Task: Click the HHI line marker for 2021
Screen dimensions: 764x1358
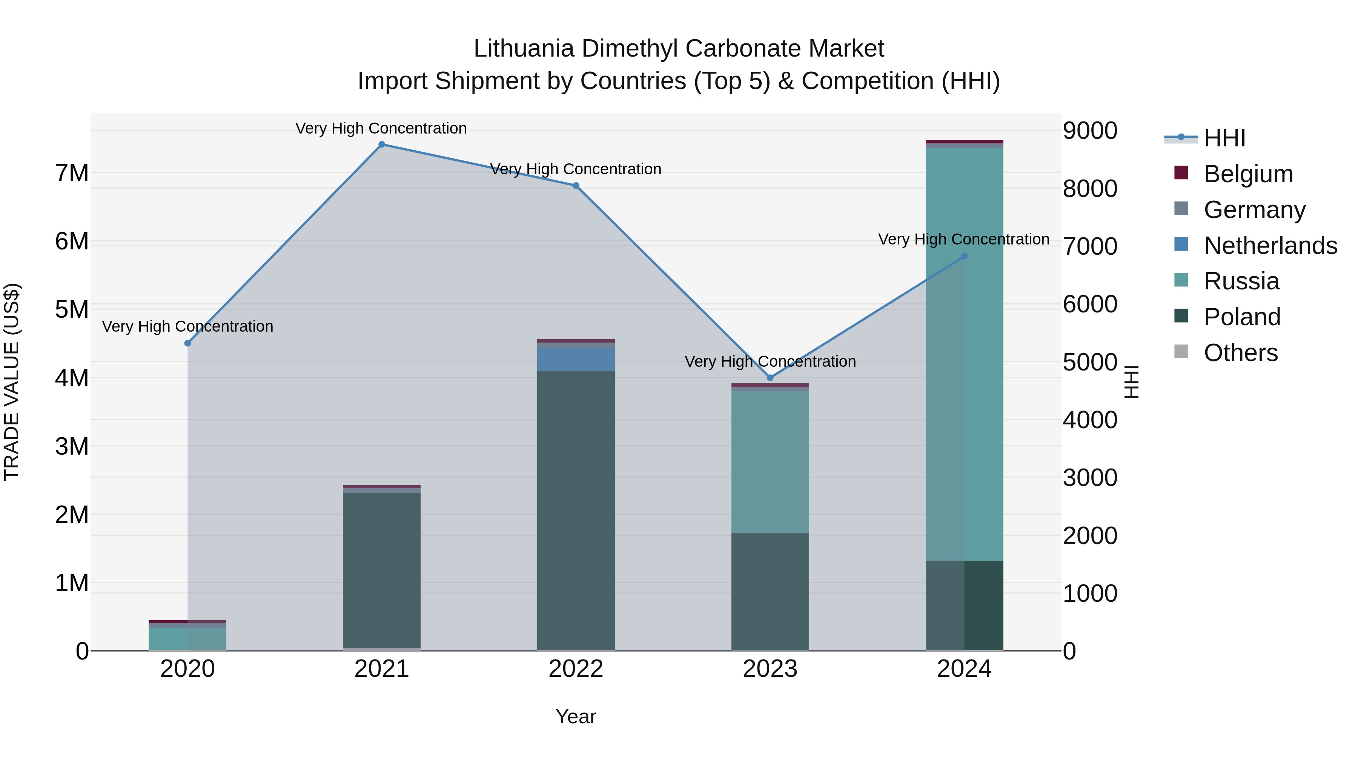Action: [x=382, y=144]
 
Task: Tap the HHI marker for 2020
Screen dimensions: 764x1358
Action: [x=188, y=343]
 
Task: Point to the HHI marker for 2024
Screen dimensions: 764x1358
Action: [x=964, y=256]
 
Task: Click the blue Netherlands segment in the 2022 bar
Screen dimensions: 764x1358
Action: [x=576, y=358]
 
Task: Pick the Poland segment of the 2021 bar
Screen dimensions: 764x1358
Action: [x=382, y=569]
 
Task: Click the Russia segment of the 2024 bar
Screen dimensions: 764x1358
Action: [x=964, y=353]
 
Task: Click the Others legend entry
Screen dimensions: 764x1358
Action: [x=1240, y=353]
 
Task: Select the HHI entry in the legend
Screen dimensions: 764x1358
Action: [x=1224, y=138]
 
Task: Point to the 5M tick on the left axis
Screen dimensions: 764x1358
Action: [x=72, y=309]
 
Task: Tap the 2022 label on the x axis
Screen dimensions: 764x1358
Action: [x=576, y=669]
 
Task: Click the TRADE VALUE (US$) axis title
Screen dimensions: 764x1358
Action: [x=12, y=382]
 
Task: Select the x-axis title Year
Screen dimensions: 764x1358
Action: [x=576, y=716]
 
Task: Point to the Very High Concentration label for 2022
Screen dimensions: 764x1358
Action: [x=576, y=169]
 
